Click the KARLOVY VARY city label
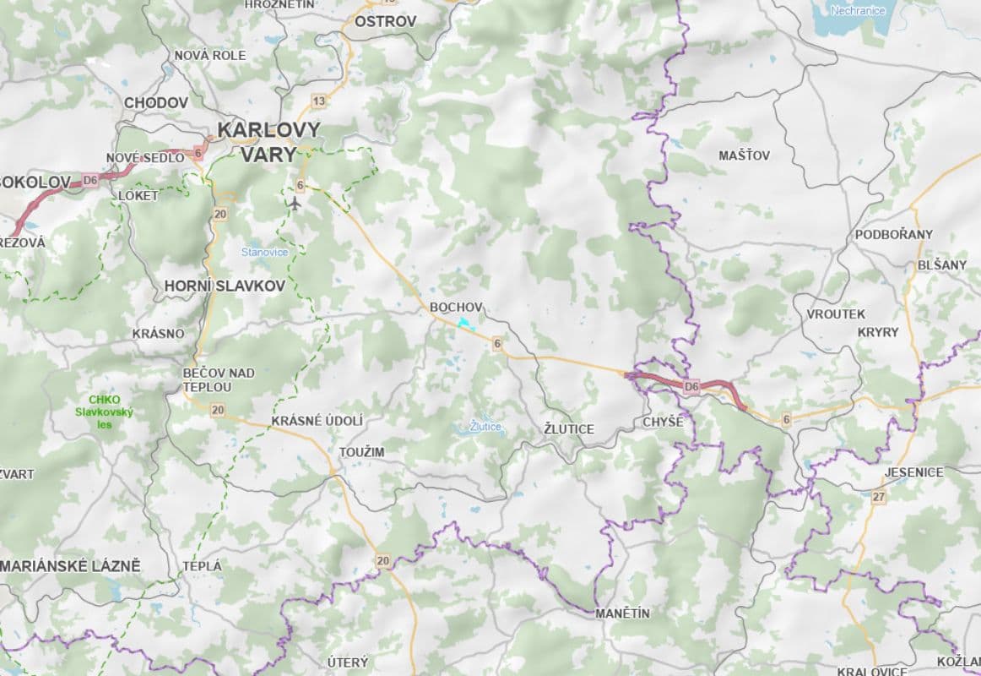[x=268, y=142]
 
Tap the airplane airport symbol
[x=294, y=203]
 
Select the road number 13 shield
[x=318, y=101]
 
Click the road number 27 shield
[x=879, y=497]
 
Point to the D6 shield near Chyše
[x=692, y=387]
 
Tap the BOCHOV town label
[x=456, y=306]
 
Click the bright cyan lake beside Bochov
[x=463, y=323]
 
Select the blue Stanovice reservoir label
[x=264, y=252]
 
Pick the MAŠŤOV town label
[x=744, y=155]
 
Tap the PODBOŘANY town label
[x=894, y=234]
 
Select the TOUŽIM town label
[x=361, y=452]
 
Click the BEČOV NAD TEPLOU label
[x=219, y=379]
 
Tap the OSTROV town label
[x=385, y=21]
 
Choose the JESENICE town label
[x=914, y=472]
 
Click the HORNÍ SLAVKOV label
[x=225, y=286]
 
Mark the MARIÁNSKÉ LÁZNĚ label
[x=70, y=565]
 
